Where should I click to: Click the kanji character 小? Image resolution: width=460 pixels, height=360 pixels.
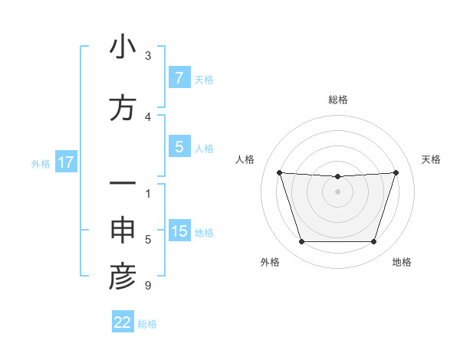click(x=123, y=47)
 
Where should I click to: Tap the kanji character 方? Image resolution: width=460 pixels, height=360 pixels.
click(x=123, y=108)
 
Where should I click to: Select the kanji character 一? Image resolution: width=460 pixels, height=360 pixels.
click(x=123, y=185)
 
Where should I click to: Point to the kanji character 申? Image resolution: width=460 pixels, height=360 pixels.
click(x=123, y=232)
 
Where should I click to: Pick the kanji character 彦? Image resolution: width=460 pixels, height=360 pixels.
click(x=123, y=278)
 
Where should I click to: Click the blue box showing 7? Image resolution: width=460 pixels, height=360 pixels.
click(x=179, y=78)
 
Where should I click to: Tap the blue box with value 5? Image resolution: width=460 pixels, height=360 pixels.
click(x=179, y=147)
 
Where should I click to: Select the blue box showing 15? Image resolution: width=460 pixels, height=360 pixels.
click(x=179, y=232)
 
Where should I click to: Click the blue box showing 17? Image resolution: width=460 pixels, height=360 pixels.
click(x=65, y=162)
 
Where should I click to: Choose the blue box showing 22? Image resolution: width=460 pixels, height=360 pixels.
click(x=123, y=322)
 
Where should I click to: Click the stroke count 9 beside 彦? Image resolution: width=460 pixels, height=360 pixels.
click(x=147, y=286)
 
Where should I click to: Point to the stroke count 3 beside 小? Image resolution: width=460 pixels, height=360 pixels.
click(x=147, y=55)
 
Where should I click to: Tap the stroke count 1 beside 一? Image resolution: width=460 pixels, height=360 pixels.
click(x=147, y=193)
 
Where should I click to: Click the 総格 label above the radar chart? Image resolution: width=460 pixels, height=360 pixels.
click(x=338, y=100)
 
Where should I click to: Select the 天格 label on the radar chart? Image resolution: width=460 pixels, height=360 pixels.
click(x=431, y=159)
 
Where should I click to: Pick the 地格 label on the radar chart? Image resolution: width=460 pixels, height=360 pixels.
click(x=402, y=262)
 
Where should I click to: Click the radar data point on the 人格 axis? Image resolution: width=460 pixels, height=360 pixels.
click(x=279, y=172)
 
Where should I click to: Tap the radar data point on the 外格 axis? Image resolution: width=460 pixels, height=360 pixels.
click(x=301, y=242)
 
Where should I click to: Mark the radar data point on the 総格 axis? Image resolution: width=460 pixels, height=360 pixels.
click(x=338, y=177)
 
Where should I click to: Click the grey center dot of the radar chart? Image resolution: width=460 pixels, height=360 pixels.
click(x=338, y=191)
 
